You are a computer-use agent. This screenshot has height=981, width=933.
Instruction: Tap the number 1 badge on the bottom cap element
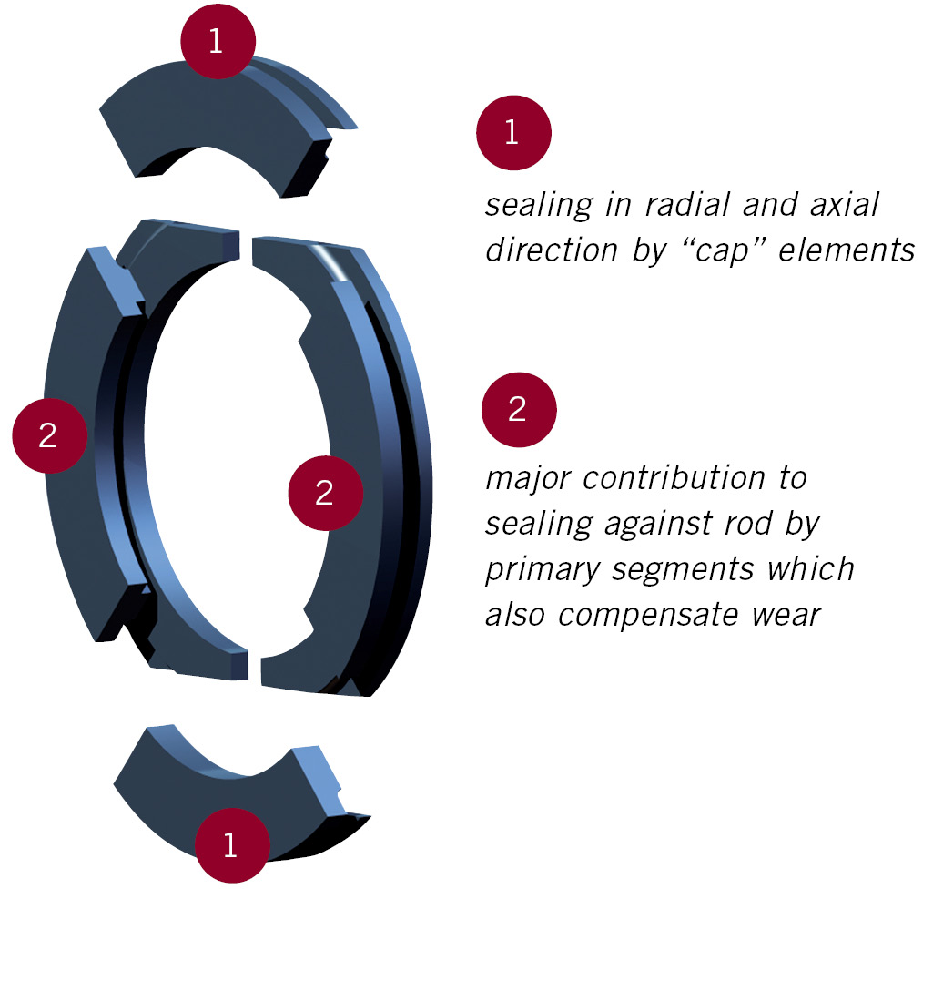pos(230,844)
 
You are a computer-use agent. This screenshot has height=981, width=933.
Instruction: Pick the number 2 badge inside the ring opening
pos(325,493)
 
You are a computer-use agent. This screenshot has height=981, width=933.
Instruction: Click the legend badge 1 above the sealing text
pos(512,133)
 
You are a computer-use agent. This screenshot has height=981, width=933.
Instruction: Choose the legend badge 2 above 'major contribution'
pos(518,409)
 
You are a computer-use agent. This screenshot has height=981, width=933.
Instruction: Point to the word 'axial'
pos(842,205)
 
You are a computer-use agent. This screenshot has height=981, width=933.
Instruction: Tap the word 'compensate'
pos(649,615)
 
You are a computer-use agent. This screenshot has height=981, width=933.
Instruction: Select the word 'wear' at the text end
pos(786,615)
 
